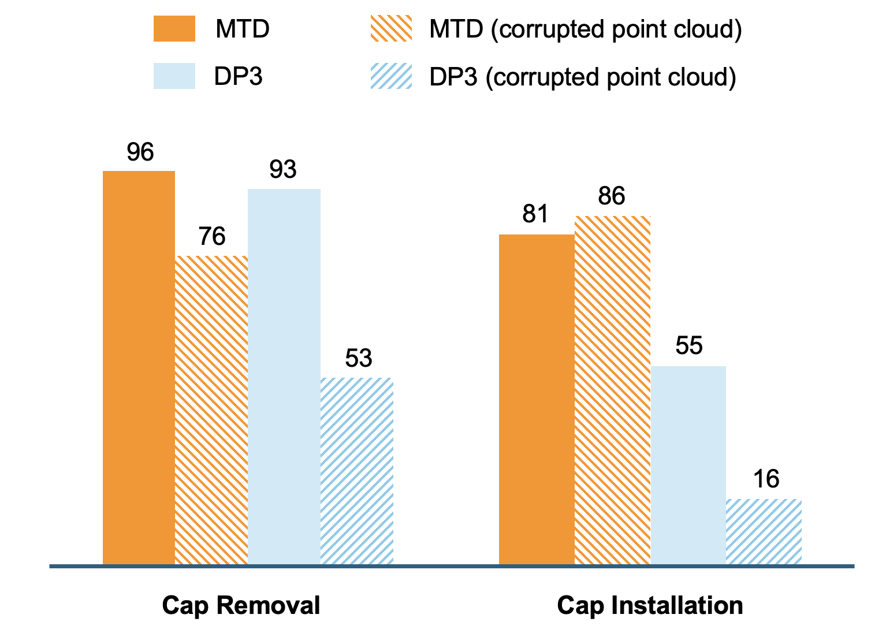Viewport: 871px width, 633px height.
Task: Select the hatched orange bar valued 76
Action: [x=211, y=410]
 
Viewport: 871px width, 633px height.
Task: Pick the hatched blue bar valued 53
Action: [x=357, y=471]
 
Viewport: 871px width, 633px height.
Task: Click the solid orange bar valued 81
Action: [x=537, y=399]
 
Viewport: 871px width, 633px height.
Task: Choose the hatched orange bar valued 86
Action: [x=613, y=390]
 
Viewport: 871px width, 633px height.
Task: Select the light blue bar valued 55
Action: [x=688, y=465]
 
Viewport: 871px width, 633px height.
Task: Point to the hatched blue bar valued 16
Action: [x=764, y=531]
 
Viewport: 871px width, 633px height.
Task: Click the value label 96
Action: [x=140, y=152]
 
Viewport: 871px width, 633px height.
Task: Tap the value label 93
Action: [x=283, y=170]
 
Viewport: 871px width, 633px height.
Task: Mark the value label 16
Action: [x=766, y=479]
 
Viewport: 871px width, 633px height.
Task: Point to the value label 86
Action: [x=612, y=197]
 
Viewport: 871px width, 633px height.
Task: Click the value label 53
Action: [x=358, y=359]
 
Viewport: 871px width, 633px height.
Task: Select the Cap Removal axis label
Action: [x=241, y=605]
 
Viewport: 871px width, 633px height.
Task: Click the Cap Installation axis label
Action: [x=650, y=605]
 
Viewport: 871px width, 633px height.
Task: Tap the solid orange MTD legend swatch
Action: [x=174, y=29]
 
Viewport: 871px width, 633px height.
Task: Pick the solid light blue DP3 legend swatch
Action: [x=174, y=76]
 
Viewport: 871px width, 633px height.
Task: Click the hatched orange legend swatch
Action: [x=391, y=29]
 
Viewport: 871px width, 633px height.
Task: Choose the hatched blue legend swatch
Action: [x=391, y=76]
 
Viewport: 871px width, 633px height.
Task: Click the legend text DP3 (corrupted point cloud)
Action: [x=582, y=77]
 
